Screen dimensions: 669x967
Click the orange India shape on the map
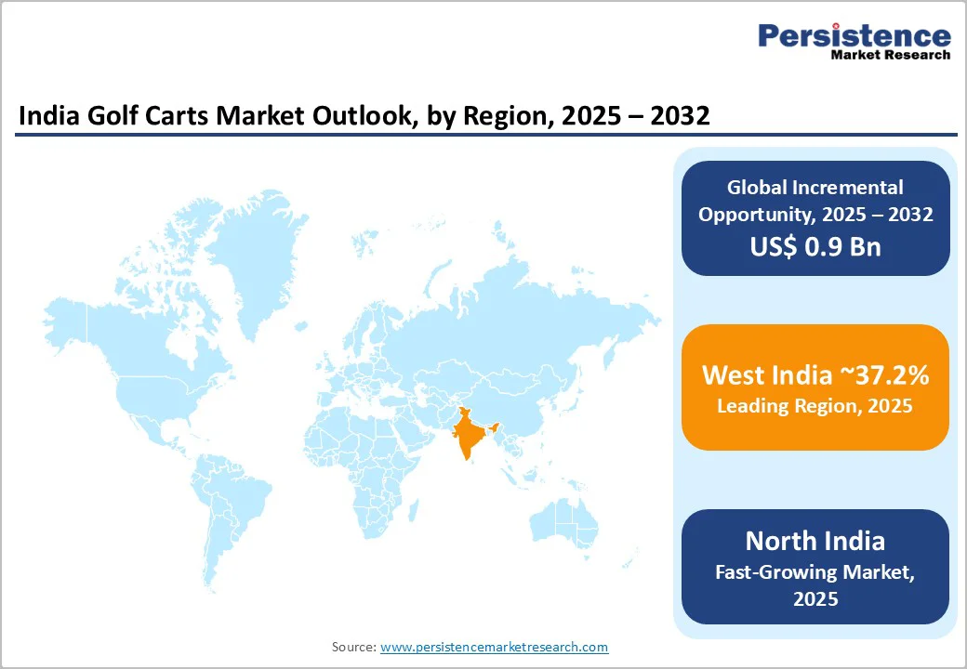point(468,436)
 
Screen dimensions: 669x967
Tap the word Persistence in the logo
point(854,36)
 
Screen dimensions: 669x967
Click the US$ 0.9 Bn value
point(815,247)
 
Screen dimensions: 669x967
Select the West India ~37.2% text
point(815,375)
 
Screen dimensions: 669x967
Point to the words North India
point(815,541)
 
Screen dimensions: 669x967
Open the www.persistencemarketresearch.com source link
point(494,647)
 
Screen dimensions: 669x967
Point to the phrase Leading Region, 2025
point(815,406)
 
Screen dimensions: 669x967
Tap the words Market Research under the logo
point(890,55)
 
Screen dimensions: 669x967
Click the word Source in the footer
point(352,647)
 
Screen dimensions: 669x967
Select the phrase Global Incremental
point(815,188)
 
